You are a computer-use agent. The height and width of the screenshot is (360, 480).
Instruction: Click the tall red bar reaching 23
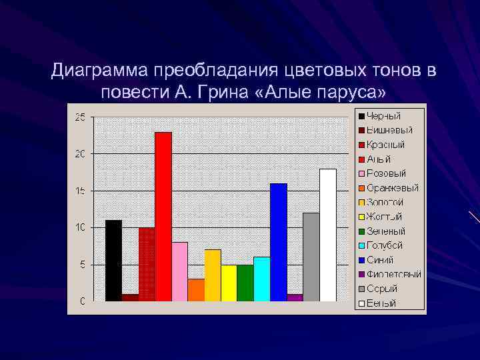click(x=163, y=217)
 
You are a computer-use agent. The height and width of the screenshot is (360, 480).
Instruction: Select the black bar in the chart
click(x=114, y=261)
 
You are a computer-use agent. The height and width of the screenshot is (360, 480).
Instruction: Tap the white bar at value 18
click(x=327, y=235)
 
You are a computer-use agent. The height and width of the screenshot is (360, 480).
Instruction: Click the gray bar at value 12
click(x=311, y=257)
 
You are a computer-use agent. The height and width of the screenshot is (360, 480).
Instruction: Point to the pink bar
click(x=179, y=272)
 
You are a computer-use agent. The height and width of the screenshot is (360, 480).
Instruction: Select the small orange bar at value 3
click(x=196, y=290)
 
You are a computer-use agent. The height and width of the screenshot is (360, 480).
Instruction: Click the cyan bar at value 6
click(x=261, y=279)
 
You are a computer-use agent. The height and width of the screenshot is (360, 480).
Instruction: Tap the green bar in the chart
click(x=245, y=283)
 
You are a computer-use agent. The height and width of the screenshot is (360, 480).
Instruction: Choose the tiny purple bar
click(x=295, y=297)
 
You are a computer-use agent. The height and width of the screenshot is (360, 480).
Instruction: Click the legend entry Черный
click(x=383, y=116)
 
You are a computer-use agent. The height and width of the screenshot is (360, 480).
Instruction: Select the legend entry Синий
click(x=380, y=260)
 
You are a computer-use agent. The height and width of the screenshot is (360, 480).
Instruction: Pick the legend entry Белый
click(x=381, y=303)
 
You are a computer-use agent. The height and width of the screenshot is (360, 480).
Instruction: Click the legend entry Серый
click(x=381, y=289)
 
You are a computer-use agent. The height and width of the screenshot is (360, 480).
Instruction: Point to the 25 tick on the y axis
click(x=80, y=117)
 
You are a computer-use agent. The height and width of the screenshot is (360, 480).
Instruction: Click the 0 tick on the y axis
click(x=83, y=301)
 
